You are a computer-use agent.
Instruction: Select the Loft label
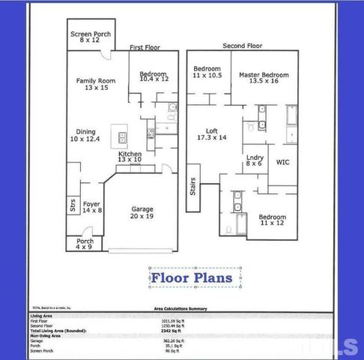(210, 133)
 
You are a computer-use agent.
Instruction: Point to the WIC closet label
(282, 162)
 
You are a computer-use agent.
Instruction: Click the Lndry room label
(255, 160)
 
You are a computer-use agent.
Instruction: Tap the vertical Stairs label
(192, 186)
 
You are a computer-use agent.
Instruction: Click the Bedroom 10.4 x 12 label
(154, 76)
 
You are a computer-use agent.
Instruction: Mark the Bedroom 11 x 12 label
(273, 220)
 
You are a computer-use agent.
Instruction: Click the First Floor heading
(145, 47)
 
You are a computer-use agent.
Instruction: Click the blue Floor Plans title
(195, 278)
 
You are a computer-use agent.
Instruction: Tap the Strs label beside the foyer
(73, 204)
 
